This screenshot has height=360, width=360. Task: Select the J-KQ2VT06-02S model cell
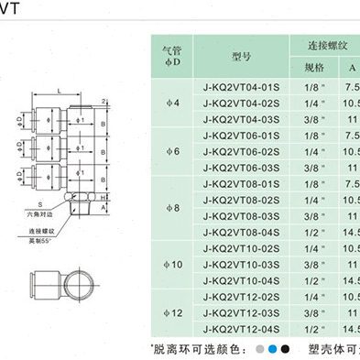[233, 151]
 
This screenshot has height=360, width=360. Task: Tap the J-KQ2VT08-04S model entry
[233, 233]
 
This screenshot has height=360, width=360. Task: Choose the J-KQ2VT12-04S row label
[233, 328]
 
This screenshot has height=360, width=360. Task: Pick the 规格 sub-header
[312, 68]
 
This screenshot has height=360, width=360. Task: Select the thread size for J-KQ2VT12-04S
[312, 328]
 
